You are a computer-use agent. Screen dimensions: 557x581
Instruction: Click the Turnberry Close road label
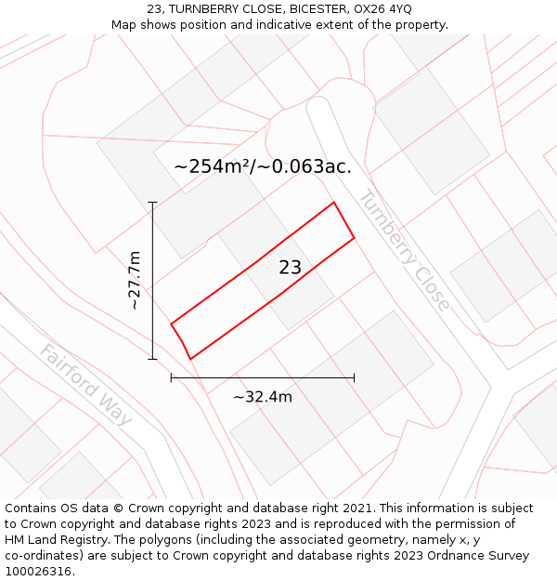pos(405,250)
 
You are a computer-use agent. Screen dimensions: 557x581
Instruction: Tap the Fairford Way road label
pos(85,384)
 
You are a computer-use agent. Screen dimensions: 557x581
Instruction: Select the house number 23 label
pos(290,268)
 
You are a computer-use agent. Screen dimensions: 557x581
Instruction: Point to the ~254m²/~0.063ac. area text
pos(263,166)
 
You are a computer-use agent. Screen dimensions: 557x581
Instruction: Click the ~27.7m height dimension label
pos(134,280)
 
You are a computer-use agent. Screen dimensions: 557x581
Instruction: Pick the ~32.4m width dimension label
pos(263,397)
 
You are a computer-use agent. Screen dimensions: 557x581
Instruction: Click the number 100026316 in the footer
pos(39,572)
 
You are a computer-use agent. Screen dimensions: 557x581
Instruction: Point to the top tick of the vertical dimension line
pos(152,202)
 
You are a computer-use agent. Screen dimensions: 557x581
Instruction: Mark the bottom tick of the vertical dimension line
pos(152,359)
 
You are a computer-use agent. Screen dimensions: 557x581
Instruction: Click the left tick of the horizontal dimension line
pos(171,377)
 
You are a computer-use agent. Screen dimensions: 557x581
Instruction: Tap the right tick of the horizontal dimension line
pos(354,377)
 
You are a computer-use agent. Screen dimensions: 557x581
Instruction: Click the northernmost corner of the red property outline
pos(333,203)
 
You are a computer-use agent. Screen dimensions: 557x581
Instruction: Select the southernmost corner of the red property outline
pos(190,359)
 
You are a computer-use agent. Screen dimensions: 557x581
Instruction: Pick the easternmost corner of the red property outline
pos(354,239)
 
